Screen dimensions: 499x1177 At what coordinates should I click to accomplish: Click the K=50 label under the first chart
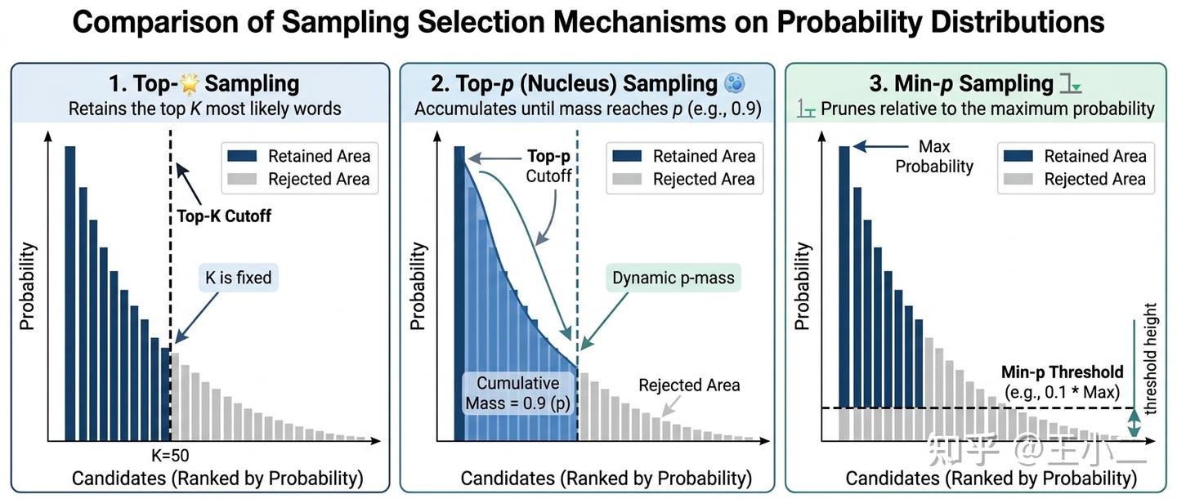[x=170, y=457]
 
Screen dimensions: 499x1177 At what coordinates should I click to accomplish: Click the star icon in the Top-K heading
[x=187, y=83]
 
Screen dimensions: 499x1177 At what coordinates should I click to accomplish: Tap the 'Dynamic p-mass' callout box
[x=674, y=278]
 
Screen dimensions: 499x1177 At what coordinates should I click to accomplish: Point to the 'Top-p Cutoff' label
[x=548, y=165]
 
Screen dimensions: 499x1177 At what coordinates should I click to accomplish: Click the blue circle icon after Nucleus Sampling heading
[x=735, y=82]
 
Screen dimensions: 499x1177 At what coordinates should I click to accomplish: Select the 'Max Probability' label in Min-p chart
[x=934, y=156]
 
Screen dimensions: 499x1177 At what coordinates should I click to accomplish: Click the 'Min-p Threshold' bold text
[x=1063, y=372]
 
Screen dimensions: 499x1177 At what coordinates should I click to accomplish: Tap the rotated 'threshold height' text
[x=1151, y=359]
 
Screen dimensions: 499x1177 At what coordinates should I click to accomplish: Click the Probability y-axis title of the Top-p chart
[x=418, y=286]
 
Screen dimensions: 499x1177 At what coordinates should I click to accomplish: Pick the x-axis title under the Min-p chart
[x=991, y=479]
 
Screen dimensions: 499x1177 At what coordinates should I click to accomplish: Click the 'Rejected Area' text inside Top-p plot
[x=689, y=385]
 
